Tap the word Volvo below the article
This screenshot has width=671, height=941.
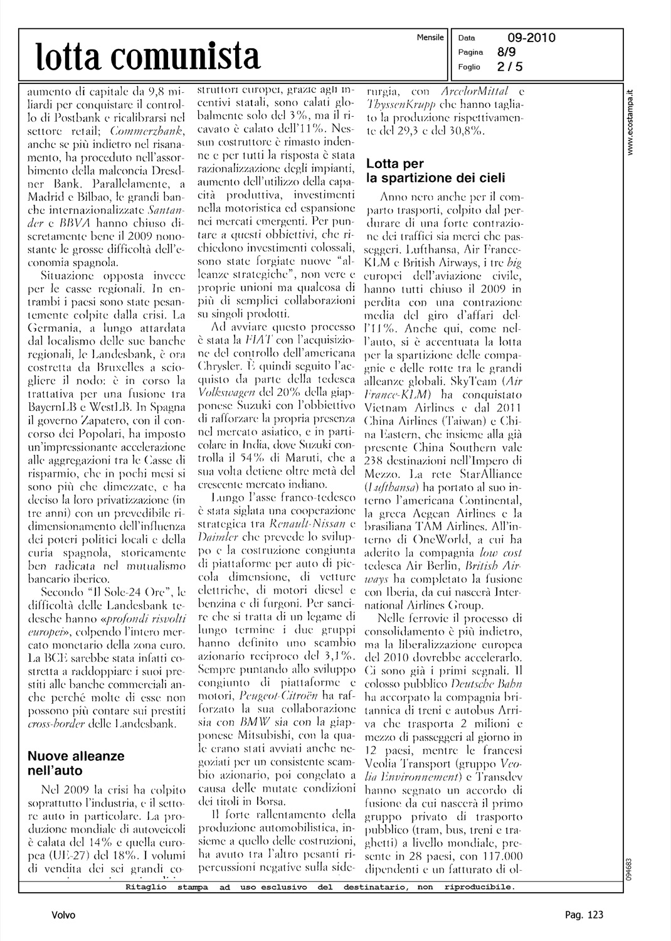coord(63,915)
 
